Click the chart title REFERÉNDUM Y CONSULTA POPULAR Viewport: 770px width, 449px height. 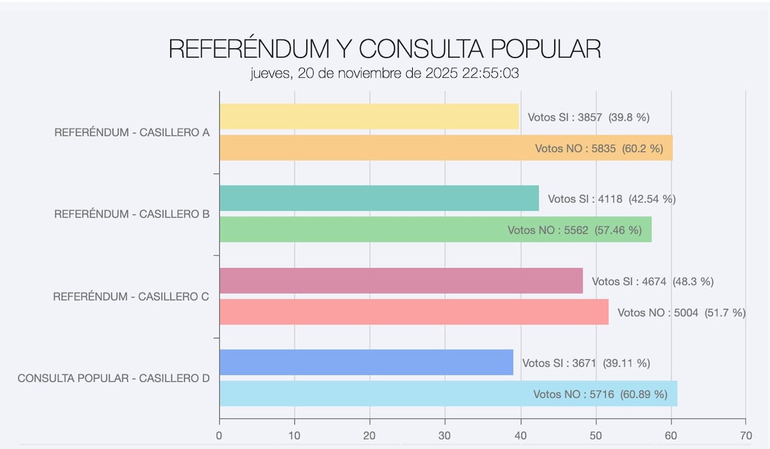click(x=385, y=49)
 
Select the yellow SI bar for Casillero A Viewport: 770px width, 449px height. click(x=369, y=117)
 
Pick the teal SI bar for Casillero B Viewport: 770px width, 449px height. click(x=379, y=198)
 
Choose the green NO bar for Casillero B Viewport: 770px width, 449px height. click(x=362, y=230)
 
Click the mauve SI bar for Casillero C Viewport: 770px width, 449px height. click(x=401, y=281)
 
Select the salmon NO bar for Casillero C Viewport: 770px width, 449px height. click(x=413, y=312)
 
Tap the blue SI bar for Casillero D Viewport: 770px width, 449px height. click(x=366, y=363)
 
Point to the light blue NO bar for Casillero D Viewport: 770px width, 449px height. click(x=375, y=394)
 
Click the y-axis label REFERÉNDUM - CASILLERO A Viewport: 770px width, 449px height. click(x=132, y=133)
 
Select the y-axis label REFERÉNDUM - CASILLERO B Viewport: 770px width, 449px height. click(x=132, y=214)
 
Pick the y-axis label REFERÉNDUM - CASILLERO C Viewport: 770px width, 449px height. click(x=131, y=296)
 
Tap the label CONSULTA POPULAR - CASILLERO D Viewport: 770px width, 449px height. click(x=114, y=379)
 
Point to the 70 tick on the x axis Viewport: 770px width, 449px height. click(x=746, y=436)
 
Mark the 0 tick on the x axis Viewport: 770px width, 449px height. click(x=219, y=436)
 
